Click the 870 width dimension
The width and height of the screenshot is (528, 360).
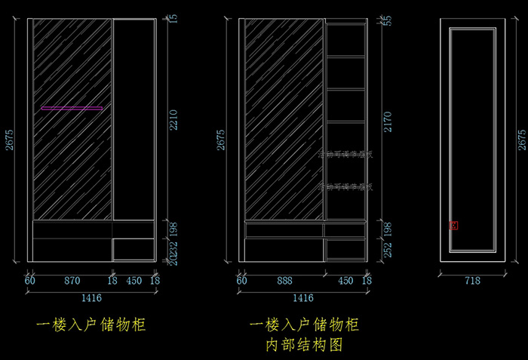point(72,281)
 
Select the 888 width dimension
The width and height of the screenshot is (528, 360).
point(284,281)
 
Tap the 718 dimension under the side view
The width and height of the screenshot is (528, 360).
point(471,281)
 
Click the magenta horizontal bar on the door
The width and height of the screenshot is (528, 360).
point(72,109)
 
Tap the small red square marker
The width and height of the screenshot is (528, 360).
point(453,225)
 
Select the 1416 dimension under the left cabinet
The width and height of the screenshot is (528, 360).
point(91,298)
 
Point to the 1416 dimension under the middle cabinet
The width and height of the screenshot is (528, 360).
point(302,298)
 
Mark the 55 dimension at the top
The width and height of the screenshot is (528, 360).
point(388,20)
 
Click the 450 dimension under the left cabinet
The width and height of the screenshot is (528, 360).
point(134,281)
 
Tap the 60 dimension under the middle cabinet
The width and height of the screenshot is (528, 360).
point(242,281)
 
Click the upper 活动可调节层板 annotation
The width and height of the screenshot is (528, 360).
point(345,155)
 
